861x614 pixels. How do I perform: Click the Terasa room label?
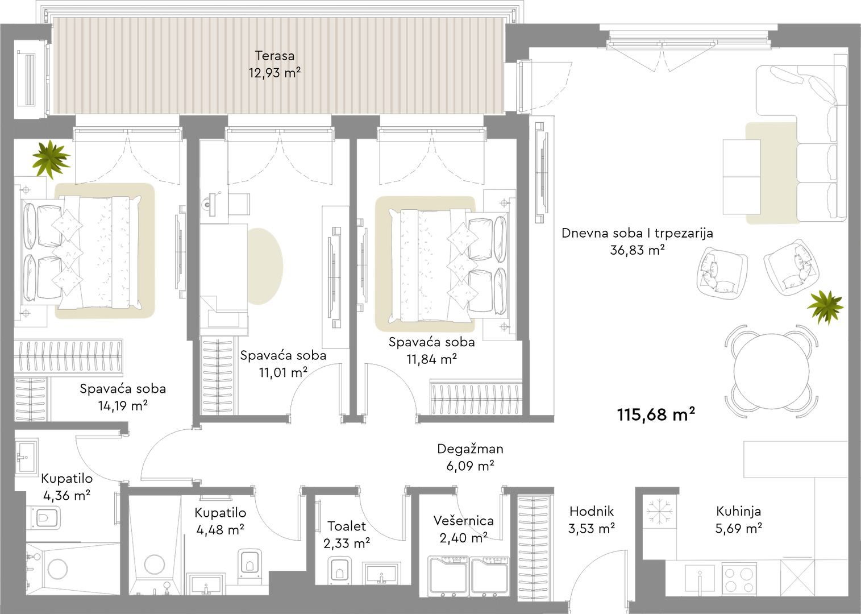pos(274,56)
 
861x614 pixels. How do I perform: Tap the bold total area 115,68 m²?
pos(656,415)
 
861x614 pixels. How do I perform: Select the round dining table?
pos(771,371)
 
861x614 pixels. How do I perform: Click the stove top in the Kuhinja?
pos(739,579)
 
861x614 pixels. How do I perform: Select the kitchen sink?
pos(700,579)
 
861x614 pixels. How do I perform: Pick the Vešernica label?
pos(463,521)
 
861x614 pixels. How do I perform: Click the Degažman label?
pos(470,449)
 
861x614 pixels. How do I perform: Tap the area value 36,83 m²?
pos(637,250)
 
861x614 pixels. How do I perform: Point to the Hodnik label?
pos(592,511)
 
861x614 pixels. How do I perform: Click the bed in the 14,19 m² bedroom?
pos(81,252)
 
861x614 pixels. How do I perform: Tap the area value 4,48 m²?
pos(221,530)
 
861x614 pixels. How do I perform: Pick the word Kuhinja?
pos(738,511)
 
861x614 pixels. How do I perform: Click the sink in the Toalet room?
pos(381,574)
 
